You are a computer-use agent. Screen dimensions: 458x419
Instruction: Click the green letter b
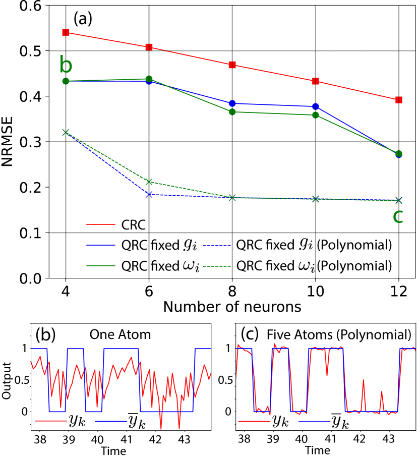[66, 66]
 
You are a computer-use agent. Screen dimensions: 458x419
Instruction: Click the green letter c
[398, 216]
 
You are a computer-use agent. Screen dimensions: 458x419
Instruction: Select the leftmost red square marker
[66, 32]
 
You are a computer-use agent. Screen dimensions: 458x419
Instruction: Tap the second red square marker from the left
[149, 47]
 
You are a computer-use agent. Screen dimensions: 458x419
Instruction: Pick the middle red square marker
[232, 65]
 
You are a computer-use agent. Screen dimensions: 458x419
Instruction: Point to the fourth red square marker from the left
[315, 81]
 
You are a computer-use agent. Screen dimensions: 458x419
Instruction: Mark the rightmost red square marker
[398, 100]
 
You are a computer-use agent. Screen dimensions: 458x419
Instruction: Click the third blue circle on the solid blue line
[232, 103]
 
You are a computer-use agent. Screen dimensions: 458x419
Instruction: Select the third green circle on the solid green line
[232, 112]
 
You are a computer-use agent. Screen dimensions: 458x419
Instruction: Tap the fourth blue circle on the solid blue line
[316, 106]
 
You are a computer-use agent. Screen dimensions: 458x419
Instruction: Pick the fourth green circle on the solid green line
[316, 115]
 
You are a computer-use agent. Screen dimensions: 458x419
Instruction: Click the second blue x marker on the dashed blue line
[149, 195]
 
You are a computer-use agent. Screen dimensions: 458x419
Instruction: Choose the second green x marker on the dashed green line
[149, 182]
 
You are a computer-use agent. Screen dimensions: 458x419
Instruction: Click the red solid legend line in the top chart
[101, 224]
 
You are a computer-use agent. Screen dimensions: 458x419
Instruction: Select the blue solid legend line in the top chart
[101, 245]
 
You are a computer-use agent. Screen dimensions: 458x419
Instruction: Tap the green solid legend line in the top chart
[101, 265]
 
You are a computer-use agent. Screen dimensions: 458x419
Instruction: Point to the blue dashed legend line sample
[216, 246]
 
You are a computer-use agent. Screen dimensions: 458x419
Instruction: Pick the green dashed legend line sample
[216, 266]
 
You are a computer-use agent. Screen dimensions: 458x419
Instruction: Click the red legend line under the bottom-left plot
[51, 421]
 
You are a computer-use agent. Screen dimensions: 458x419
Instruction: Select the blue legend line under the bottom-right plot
[314, 422]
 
